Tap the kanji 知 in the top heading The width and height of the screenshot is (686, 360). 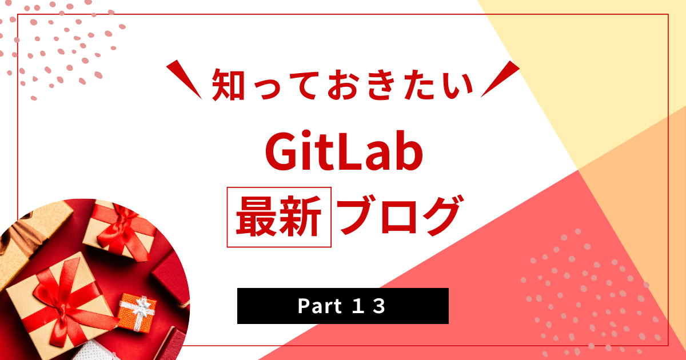(228, 85)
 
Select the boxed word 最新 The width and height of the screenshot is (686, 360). (279, 217)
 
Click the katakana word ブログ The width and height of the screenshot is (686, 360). (401, 215)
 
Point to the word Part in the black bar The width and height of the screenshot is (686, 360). (320, 306)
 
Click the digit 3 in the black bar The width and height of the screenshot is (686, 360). (379, 306)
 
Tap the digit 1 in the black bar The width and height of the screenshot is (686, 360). (358, 306)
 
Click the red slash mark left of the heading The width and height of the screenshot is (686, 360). (184, 79)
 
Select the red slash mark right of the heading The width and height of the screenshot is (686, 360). (500, 79)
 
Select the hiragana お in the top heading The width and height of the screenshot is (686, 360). (344, 85)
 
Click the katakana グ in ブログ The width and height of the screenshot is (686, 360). (442, 215)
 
